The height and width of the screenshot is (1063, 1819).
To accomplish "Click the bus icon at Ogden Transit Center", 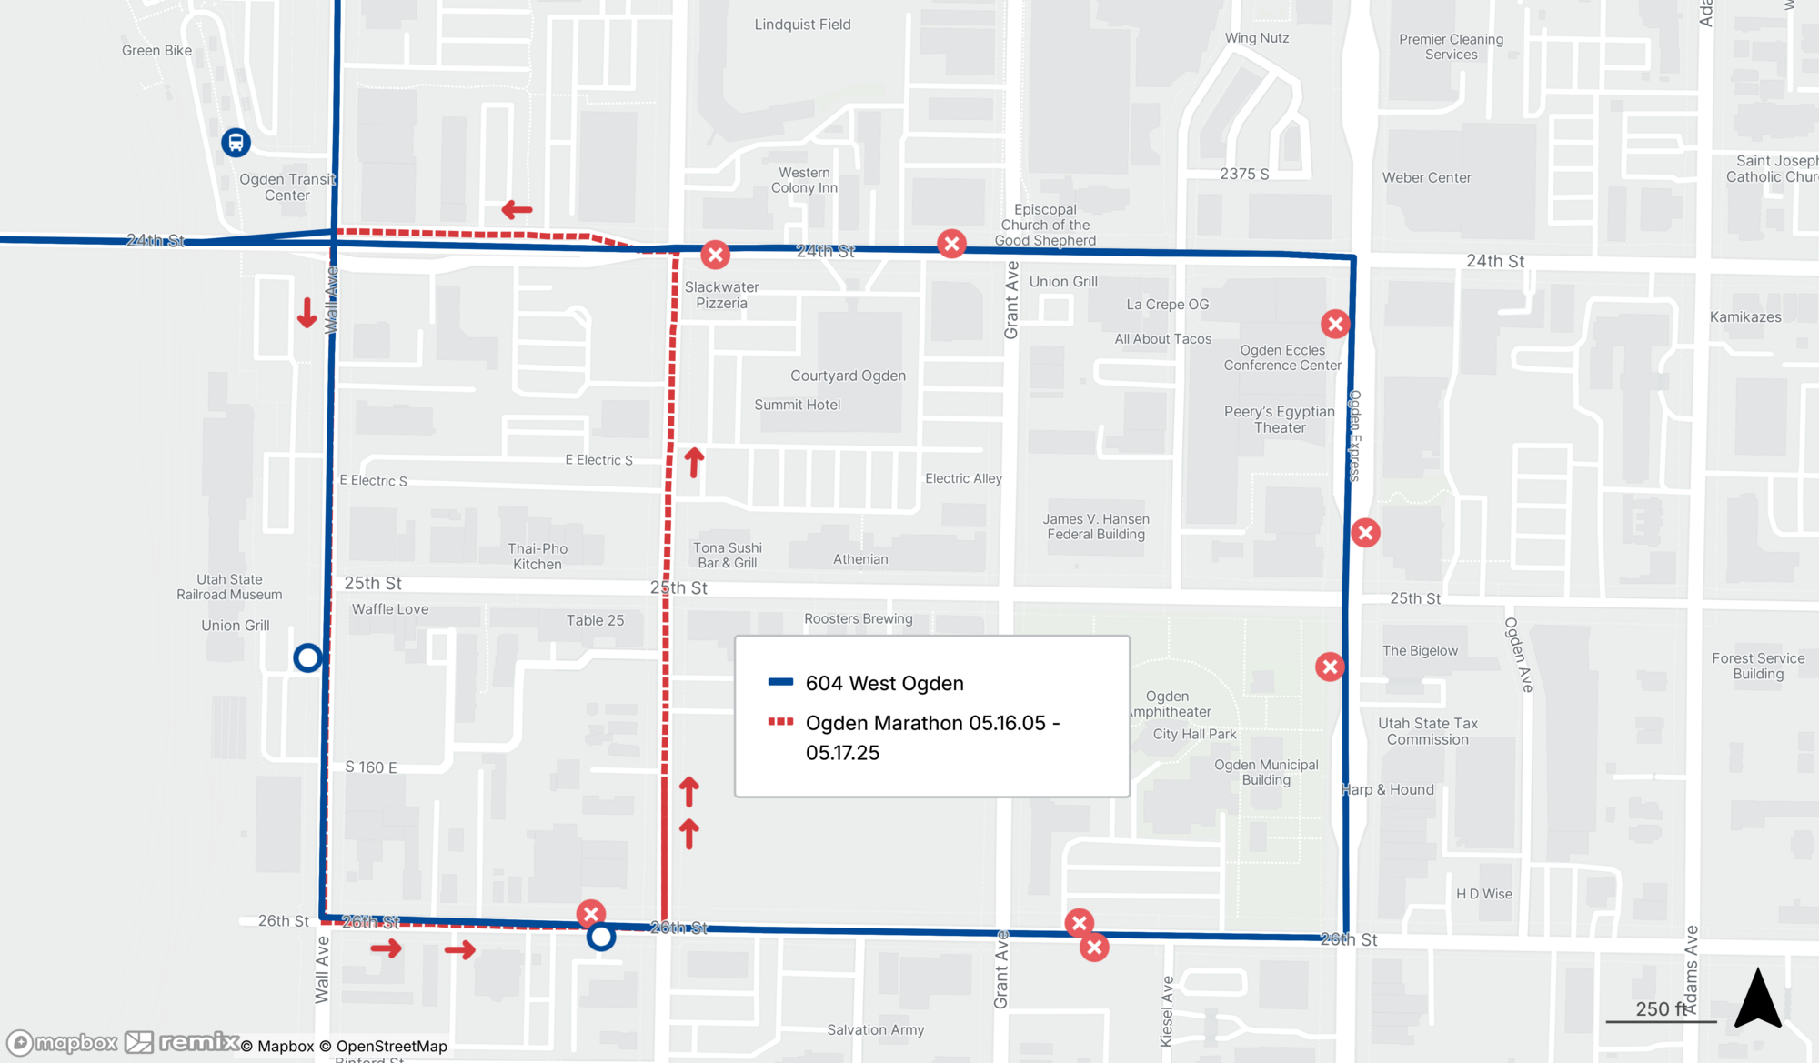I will click(236, 143).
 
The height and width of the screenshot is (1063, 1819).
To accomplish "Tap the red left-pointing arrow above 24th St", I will click(517, 210).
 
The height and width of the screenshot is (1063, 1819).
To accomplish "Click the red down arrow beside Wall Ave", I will click(307, 313).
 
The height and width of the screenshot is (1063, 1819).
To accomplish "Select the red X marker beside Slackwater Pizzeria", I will click(715, 255).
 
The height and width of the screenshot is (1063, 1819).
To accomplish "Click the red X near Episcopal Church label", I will click(951, 244).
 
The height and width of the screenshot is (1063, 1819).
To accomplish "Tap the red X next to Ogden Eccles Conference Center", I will click(1334, 324).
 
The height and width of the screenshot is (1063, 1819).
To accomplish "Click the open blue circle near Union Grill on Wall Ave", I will click(307, 657).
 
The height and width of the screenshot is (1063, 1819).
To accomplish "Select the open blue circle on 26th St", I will click(600, 937).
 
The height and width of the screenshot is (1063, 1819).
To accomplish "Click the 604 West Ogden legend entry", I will click(883, 683).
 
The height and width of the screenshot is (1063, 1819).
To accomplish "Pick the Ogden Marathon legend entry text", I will click(931, 737).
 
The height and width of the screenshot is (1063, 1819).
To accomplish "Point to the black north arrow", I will click(1757, 998).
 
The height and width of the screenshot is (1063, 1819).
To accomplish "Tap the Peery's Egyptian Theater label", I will click(1279, 419).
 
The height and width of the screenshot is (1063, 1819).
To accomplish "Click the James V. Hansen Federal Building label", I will click(1096, 526).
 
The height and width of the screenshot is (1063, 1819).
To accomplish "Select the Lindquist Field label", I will click(802, 25).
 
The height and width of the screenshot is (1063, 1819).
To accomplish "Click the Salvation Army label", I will click(875, 1029).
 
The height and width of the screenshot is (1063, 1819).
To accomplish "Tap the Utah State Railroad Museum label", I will click(229, 587).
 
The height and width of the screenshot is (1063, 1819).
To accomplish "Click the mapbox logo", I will click(62, 1042).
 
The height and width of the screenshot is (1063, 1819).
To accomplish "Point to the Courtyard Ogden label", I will click(848, 376).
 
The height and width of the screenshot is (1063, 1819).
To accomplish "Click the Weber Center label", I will click(1426, 177).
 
